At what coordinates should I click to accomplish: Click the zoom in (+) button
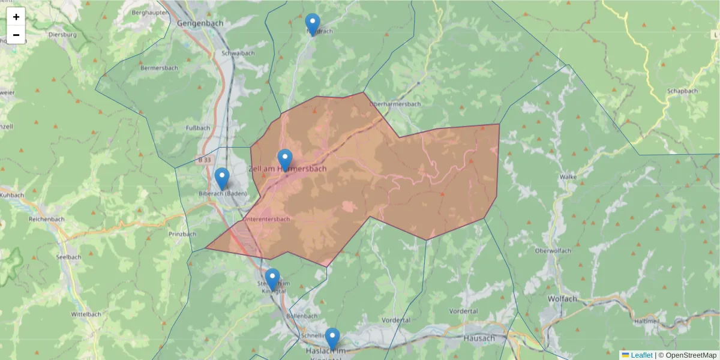pos(16,17)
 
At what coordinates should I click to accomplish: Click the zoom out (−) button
pos(16,35)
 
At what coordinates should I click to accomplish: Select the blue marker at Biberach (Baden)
pos(222,178)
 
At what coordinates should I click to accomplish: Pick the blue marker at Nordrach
pos(313,24)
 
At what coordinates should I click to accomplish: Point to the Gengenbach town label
pos(200,23)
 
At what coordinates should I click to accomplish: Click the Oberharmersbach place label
pos(395,104)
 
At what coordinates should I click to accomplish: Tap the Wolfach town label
pos(562,298)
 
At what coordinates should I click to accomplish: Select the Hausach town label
pos(479,338)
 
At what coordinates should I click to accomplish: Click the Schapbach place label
pos(682,91)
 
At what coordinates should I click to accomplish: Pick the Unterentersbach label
pos(267,219)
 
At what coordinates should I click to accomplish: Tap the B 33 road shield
pos(204,160)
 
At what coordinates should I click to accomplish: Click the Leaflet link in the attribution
pos(641,355)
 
